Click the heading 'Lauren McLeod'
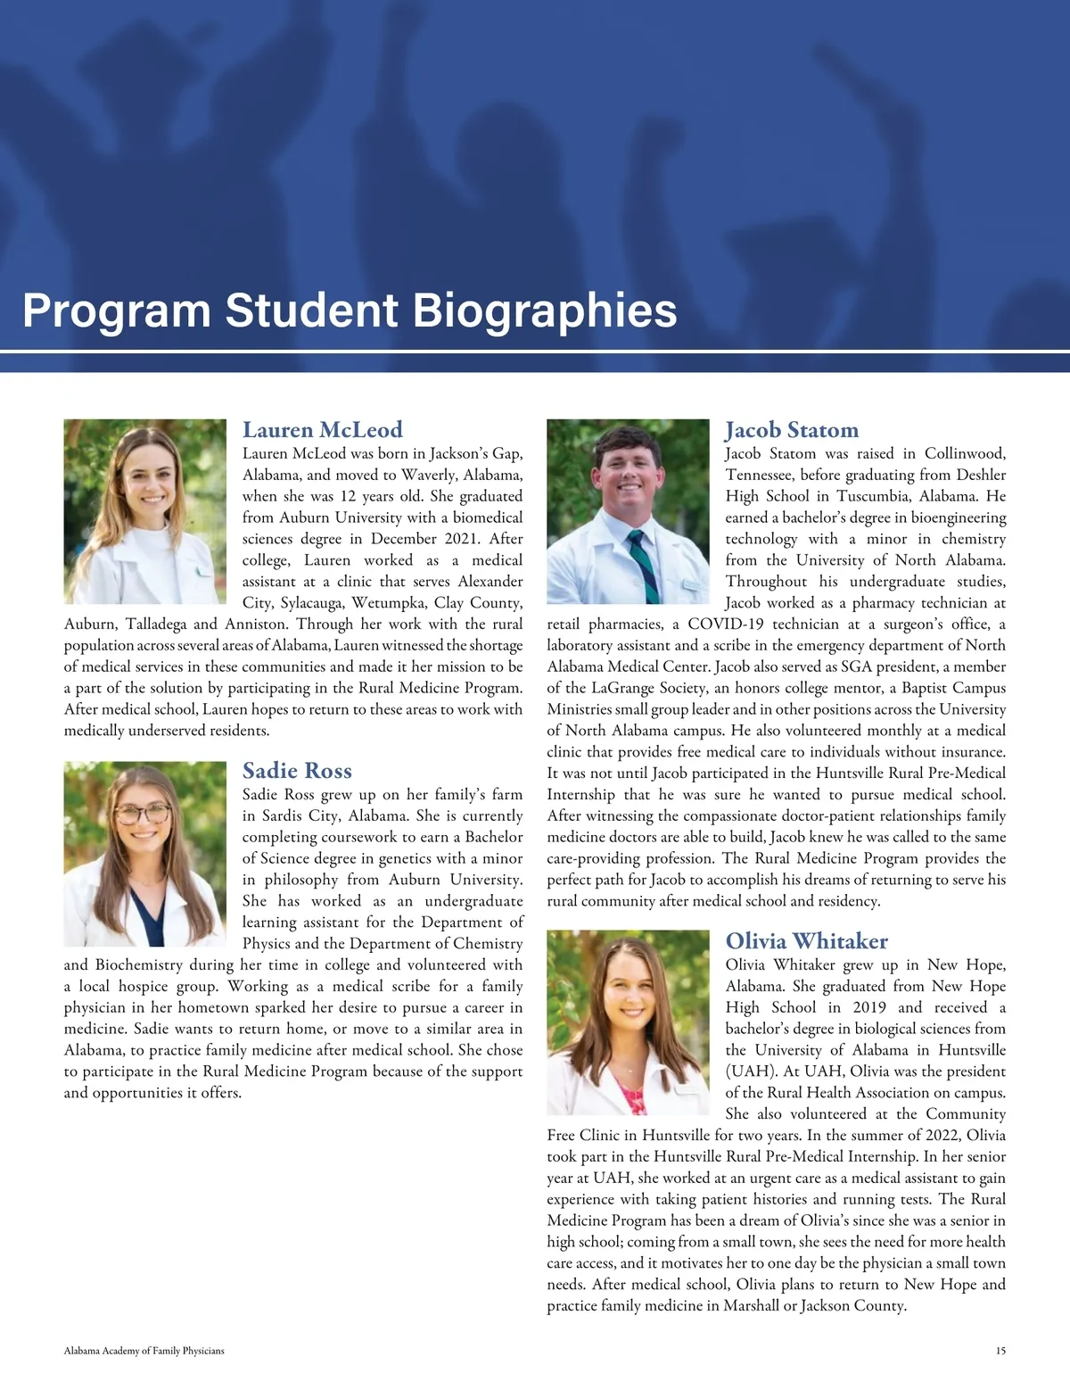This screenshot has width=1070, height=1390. (322, 430)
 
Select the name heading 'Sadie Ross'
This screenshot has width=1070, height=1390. (297, 771)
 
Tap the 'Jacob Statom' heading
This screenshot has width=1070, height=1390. (792, 430)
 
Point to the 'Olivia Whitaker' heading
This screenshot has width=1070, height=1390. (806, 941)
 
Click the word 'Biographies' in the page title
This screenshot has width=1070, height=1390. (545, 310)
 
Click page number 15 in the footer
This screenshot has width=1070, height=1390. (1000, 1351)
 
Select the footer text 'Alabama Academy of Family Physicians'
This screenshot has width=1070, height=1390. (144, 1351)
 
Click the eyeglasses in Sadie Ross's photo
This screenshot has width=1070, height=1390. (144, 814)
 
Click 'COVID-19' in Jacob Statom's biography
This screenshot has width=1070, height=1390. (720, 625)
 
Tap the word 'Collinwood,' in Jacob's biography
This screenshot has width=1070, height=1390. (965, 453)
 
